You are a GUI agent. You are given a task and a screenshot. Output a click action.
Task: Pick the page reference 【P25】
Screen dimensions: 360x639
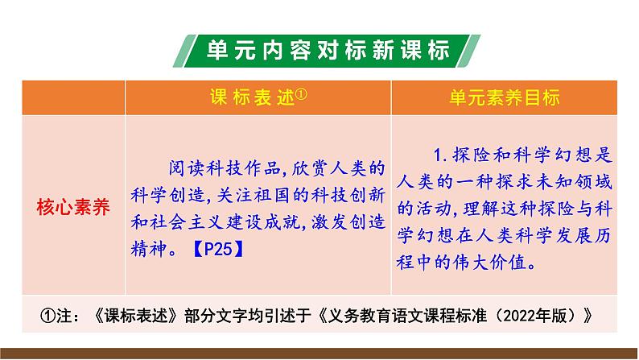(216, 249)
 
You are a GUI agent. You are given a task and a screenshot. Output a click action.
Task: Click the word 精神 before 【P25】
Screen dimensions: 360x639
(147, 249)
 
